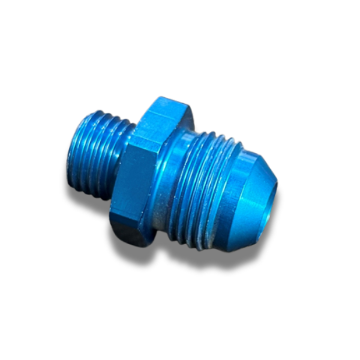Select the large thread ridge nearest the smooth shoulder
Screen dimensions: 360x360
183,180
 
